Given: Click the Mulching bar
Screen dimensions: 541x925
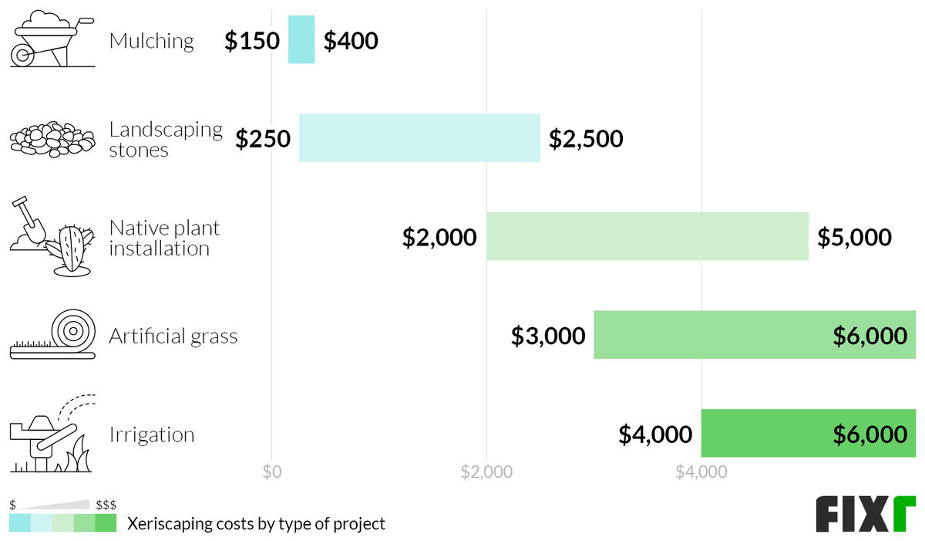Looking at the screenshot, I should (x=301, y=39).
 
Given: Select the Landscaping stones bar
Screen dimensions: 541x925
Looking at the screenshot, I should (x=419, y=137).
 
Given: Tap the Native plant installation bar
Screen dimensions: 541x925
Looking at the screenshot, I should (x=647, y=236).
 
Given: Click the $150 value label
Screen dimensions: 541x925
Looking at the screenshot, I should (x=252, y=41).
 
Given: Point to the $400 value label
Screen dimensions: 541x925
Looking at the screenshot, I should (x=351, y=41).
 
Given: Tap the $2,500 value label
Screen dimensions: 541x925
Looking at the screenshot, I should (x=586, y=139).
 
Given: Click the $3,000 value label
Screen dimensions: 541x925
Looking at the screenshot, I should (x=548, y=336).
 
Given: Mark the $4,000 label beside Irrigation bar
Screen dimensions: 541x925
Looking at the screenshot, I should (x=655, y=434).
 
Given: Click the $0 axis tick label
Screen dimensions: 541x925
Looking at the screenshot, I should (x=271, y=472).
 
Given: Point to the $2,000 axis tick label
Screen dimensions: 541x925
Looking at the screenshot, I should (x=486, y=472).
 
